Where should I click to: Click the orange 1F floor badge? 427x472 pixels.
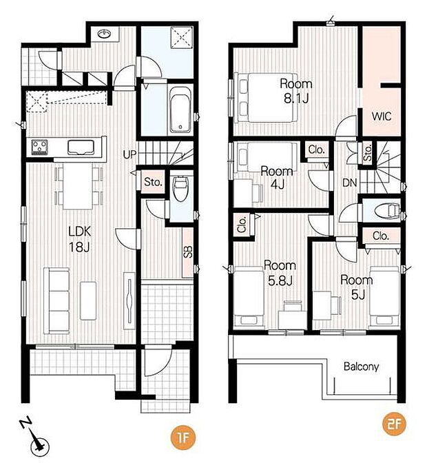coord(183,438)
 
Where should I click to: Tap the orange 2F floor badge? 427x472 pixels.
coord(394,424)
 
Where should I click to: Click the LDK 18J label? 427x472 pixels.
coord(80,239)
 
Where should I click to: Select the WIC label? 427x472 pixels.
coord(382,116)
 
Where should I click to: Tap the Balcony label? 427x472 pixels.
coord(361,367)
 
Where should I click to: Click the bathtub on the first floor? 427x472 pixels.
coord(180,110)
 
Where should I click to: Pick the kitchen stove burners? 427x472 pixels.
coord(40,147)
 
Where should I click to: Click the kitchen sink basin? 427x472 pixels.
coord(81,147)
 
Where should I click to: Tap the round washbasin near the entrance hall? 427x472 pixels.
coord(105,34)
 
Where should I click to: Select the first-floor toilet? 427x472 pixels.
coord(180,188)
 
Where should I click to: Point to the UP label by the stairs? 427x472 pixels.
coord(129,155)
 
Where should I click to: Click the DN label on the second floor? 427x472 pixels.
coord(349,183)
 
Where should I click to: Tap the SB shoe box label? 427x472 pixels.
coord(188,252)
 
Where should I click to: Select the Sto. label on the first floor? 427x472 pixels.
coord(153,182)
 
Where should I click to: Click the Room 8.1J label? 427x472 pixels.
coord(296,91)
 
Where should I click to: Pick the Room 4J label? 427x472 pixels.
coord(277,178)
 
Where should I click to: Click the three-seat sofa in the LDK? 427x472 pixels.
coord(56,300)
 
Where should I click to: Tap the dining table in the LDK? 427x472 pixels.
coord(78,186)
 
